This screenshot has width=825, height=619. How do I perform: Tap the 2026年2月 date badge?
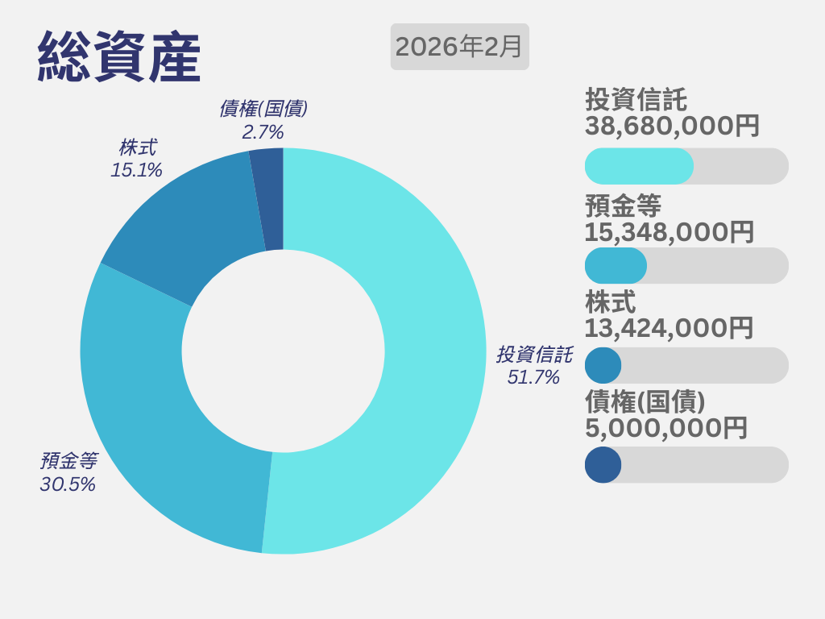pos(459,47)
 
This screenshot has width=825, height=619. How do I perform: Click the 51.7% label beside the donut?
pos(533,376)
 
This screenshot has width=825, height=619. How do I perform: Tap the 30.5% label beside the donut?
pos(68,484)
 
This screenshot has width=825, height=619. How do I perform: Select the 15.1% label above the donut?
pos(136,170)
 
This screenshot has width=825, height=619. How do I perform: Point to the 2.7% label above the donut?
pos(263,131)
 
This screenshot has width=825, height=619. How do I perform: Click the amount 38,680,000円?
pos(672,126)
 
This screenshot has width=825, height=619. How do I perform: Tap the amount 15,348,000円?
pos(670,232)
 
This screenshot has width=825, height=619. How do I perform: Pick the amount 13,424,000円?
pos(669,328)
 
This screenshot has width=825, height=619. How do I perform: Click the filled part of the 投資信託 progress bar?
pos(638,166)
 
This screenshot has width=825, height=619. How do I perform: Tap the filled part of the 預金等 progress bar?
pos(615,265)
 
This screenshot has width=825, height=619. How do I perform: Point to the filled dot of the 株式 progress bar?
pos(603,365)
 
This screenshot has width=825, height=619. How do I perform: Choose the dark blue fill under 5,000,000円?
pos(603,464)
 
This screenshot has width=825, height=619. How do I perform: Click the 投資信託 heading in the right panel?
pos(636,100)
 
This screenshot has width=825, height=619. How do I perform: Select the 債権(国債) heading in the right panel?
pos(645,401)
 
